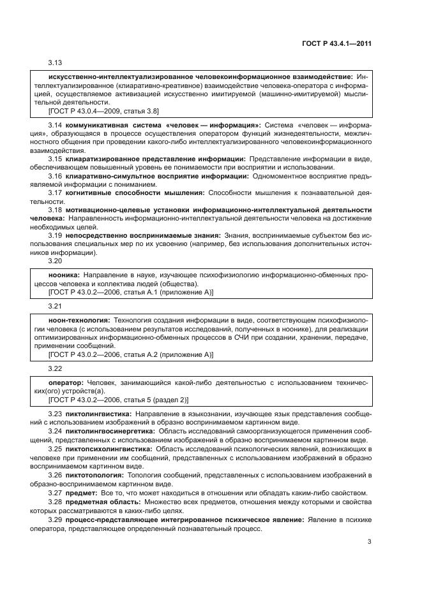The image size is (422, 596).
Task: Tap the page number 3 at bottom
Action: (369, 542)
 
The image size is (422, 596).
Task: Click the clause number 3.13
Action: (56, 62)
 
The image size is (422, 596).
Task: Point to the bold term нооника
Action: (64, 275)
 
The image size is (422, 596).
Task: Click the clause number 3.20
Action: (56, 261)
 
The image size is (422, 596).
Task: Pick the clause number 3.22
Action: (56, 368)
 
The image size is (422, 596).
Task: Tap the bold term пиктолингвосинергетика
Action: (109, 432)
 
